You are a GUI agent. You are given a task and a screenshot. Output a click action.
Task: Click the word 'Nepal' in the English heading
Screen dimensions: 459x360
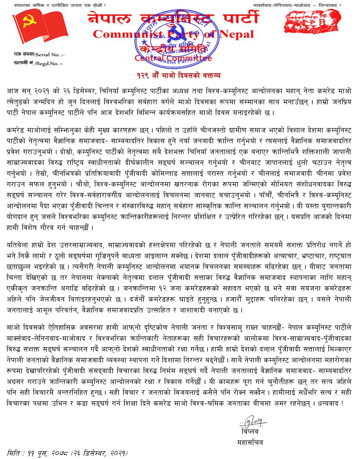[x=237, y=34]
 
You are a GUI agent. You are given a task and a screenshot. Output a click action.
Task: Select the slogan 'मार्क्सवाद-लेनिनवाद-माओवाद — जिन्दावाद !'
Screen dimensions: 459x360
[x=297, y=5]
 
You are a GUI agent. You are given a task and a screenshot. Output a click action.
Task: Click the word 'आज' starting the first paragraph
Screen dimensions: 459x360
[x=13, y=91]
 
